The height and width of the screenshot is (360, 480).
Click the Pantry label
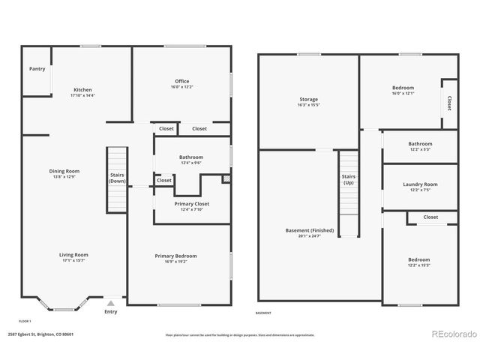point(37,69)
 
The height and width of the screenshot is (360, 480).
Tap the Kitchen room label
point(82,90)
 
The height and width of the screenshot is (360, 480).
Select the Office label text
point(182,81)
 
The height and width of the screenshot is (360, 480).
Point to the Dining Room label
point(64,171)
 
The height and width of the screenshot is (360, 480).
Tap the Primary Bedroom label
point(175,256)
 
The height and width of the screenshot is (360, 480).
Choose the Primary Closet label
point(192,203)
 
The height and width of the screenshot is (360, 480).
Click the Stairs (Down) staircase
point(116,180)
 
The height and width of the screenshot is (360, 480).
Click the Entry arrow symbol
point(111,304)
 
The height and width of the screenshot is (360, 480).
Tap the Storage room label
point(309,99)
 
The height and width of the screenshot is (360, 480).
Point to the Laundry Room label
point(420,184)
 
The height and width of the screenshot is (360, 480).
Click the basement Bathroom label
point(420,143)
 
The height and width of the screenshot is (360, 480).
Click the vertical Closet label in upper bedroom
point(449,103)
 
